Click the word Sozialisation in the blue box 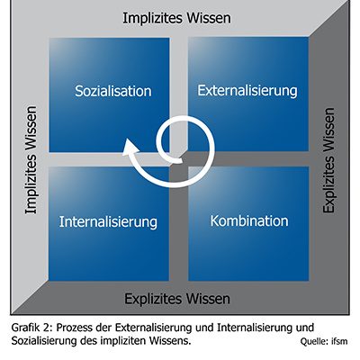113,91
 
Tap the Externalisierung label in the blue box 247,91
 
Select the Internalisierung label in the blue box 108,222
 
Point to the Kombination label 249,221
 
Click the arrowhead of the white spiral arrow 130,148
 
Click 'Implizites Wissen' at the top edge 176,18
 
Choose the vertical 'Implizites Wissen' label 31,160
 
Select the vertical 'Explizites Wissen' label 328,160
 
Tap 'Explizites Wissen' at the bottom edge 177,299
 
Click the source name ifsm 339,341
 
